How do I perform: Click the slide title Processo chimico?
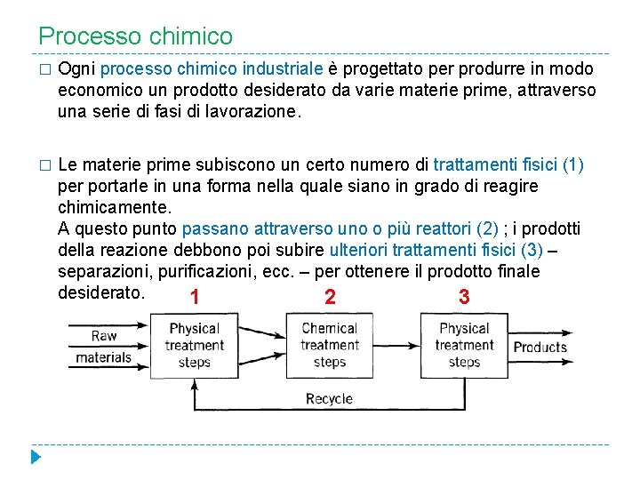click(x=135, y=36)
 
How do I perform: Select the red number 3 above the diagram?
click(x=463, y=297)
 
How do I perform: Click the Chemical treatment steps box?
click(x=329, y=345)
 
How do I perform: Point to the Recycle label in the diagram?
click(x=329, y=399)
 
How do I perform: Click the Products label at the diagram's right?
click(x=540, y=348)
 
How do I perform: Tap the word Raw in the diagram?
click(x=104, y=336)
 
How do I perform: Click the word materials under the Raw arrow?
click(x=103, y=357)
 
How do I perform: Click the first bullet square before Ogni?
click(x=44, y=70)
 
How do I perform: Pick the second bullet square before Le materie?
click(x=44, y=166)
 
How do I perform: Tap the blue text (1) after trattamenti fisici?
click(x=573, y=165)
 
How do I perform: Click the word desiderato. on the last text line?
click(x=100, y=292)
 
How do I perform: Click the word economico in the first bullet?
click(x=100, y=91)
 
